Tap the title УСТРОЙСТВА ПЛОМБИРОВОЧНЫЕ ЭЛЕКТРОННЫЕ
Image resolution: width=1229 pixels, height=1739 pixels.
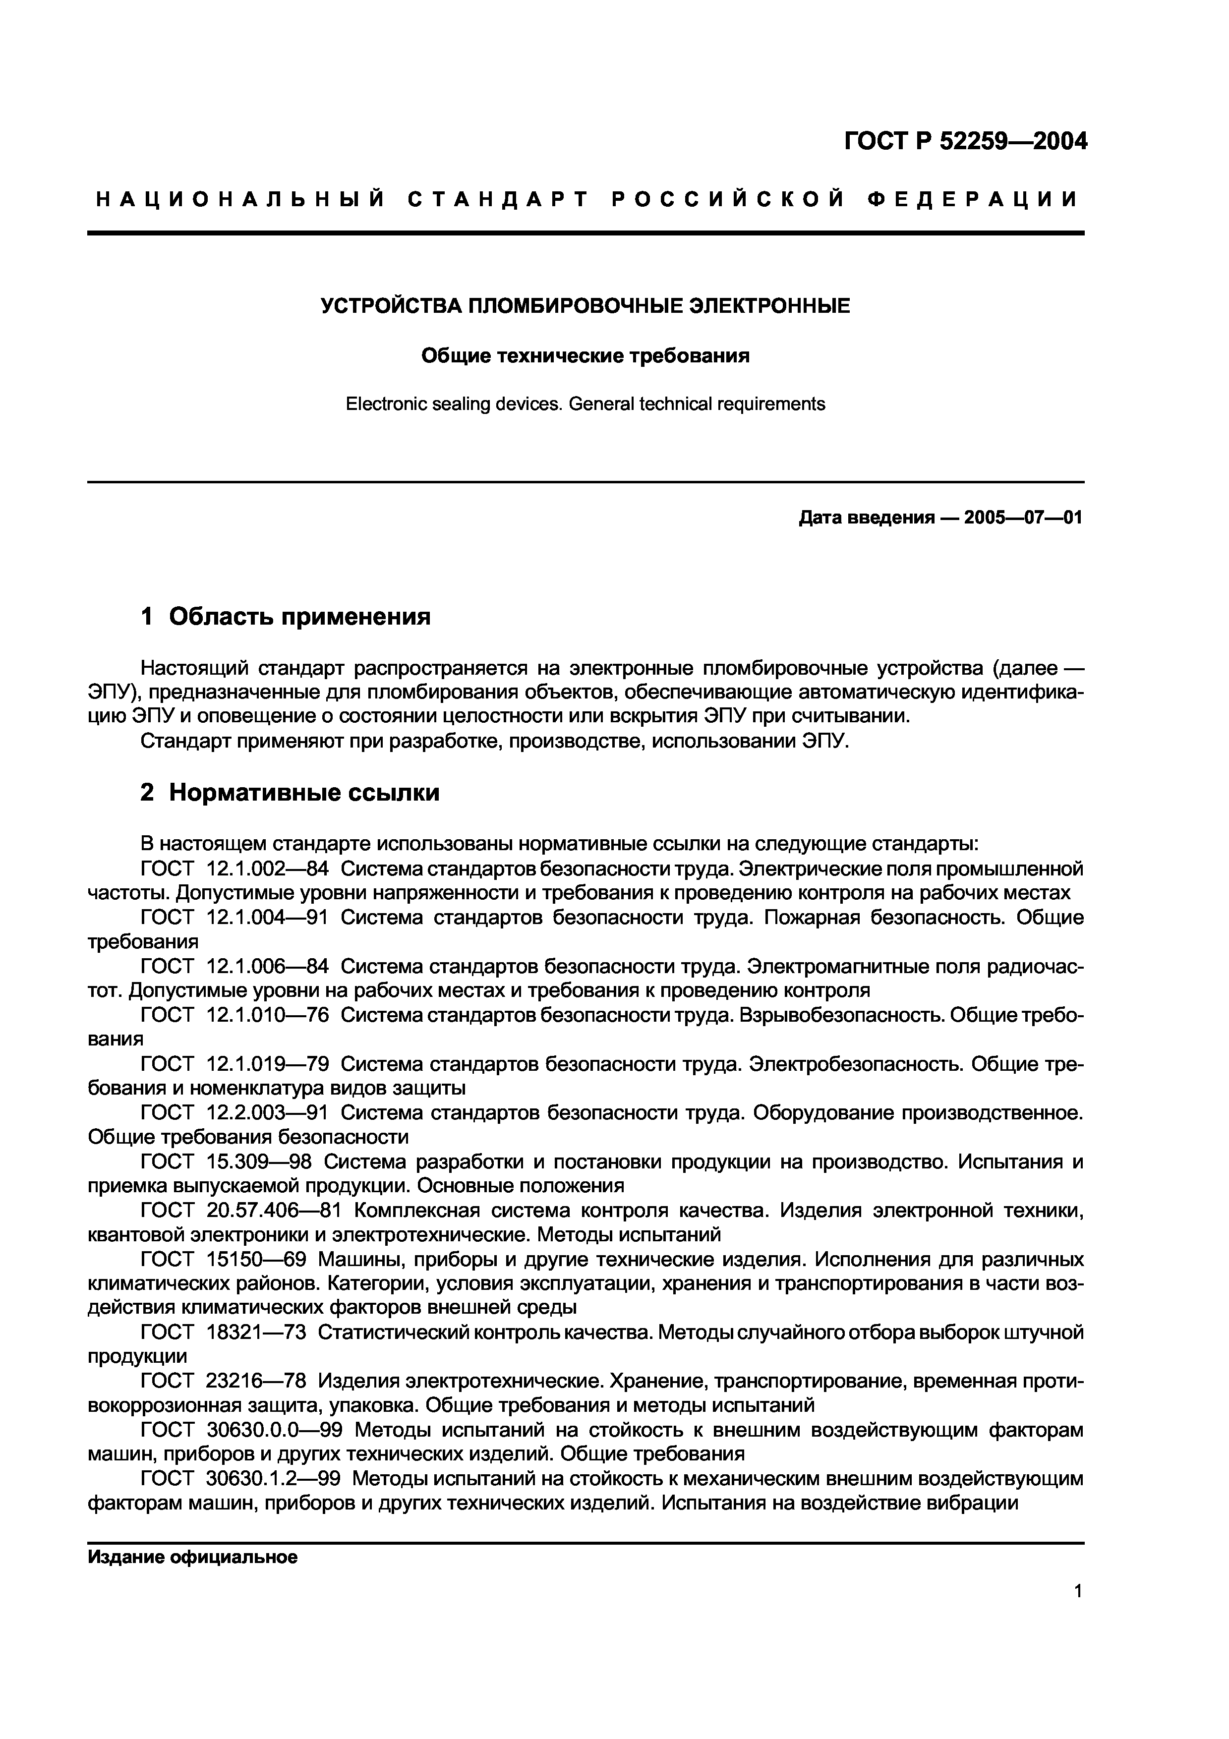coord(585,306)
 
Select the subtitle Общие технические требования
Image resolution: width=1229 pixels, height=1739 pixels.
coord(585,355)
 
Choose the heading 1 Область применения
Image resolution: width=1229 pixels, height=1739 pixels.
coord(286,617)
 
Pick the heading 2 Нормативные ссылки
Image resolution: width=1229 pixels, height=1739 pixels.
coord(290,792)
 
